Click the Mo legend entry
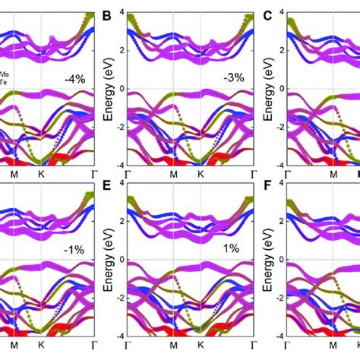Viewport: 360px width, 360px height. point(5,74)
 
